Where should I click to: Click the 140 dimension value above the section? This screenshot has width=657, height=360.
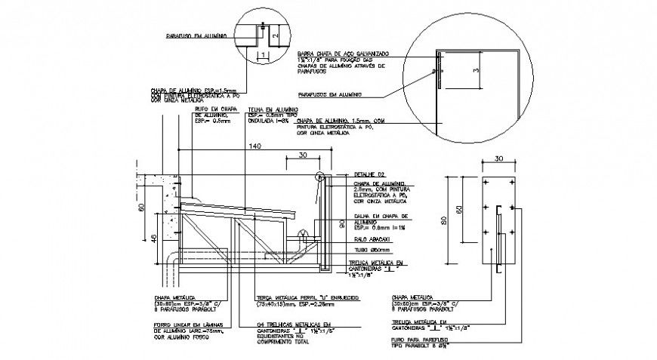[254, 145]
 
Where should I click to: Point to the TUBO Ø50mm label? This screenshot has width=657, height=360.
[369, 250]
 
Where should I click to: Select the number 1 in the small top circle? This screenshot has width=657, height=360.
[262, 55]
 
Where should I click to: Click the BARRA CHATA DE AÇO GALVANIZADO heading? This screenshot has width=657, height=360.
[342, 54]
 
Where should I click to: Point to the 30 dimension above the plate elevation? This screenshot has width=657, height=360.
[498, 158]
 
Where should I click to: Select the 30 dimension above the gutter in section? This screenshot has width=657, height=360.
[302, 155]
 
